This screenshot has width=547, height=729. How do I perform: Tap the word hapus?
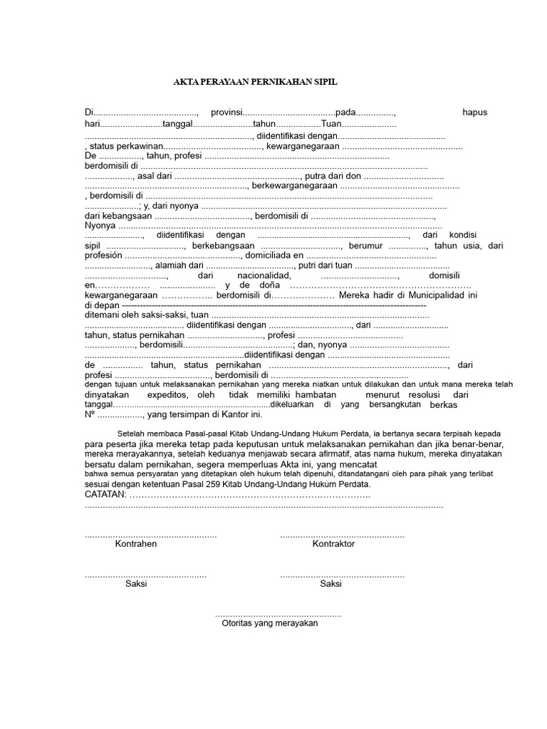475,112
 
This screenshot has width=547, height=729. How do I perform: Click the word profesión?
103,255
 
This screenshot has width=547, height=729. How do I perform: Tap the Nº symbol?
90,414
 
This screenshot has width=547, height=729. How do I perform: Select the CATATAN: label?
105,493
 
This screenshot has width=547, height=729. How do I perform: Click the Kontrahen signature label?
136,544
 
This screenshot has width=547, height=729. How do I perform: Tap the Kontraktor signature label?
333,544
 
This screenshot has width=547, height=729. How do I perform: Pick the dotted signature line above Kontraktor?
342,535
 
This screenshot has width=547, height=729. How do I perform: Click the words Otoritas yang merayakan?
270,622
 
